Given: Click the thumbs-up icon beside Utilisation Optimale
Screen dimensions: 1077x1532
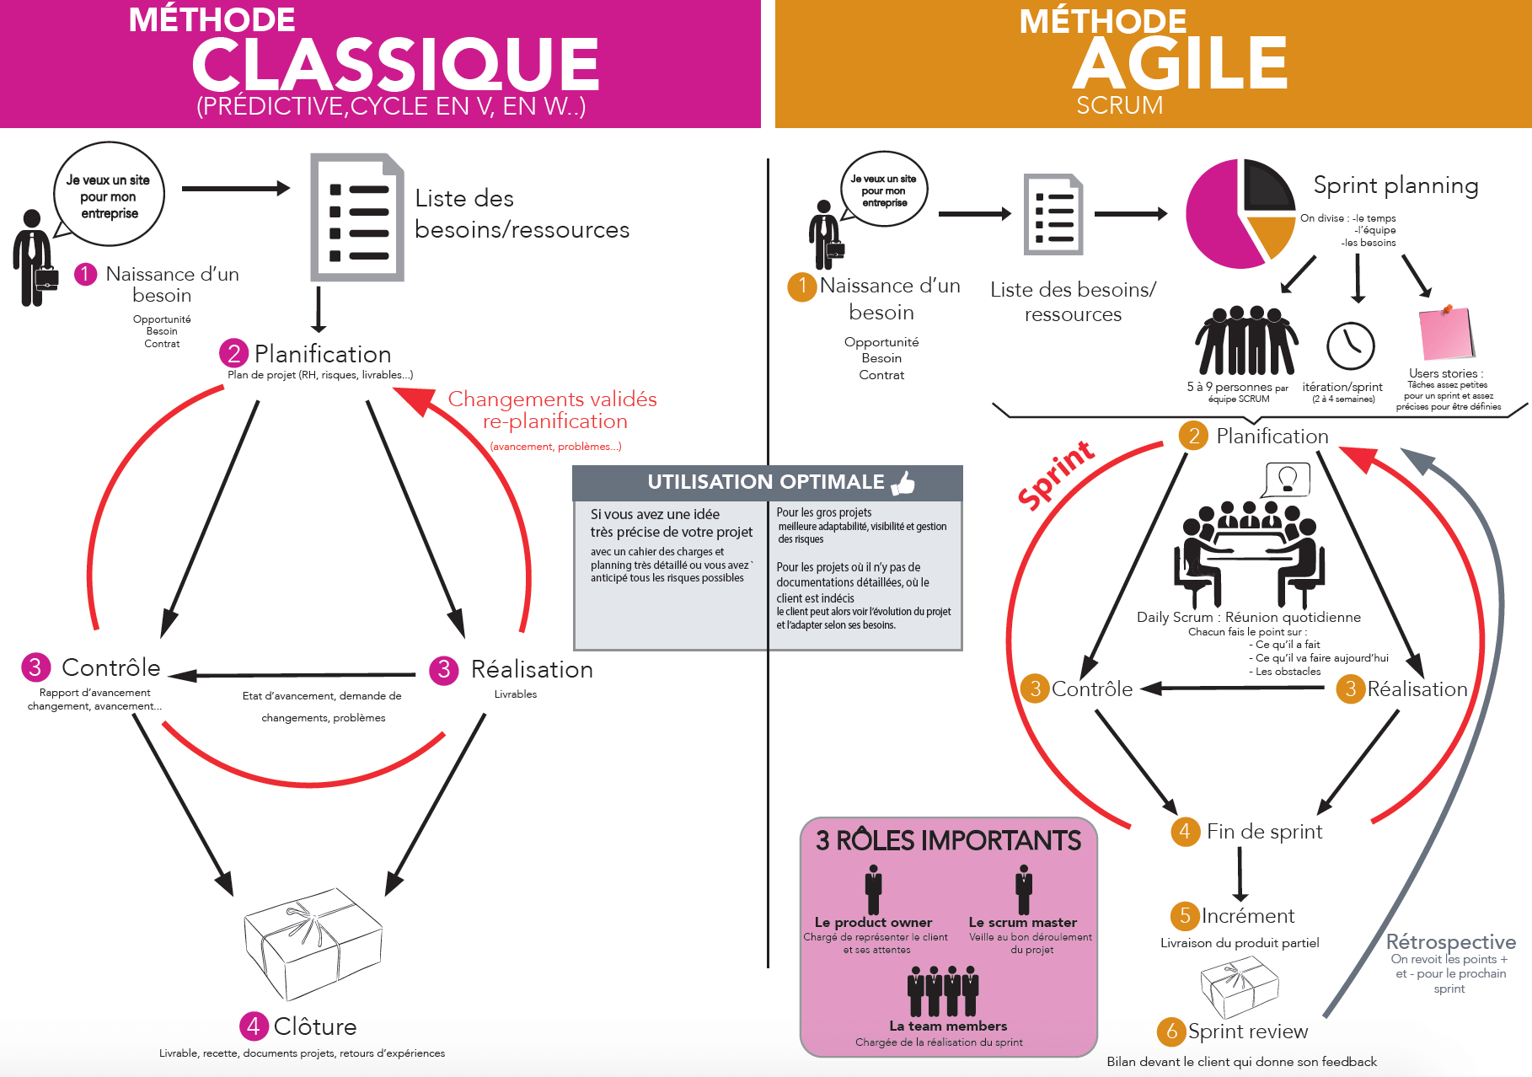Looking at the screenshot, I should tap(903, 482).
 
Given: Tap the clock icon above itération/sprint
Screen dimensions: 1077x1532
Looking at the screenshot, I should tap(1350, 346).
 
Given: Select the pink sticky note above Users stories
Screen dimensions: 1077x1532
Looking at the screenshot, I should tap(1446, 334).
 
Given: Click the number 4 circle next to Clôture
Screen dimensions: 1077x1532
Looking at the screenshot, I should tap(253, 1026).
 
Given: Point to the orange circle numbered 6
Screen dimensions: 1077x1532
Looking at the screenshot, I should tap(1170, 1031).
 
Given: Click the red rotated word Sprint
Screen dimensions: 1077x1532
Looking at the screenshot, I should tap(1055, 475).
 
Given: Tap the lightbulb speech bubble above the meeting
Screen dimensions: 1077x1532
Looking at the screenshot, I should tap(1287, 480).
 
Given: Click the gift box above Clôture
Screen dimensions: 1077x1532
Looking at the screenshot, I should tap(313, 942).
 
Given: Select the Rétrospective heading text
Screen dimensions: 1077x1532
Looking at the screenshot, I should tap(1450, 941).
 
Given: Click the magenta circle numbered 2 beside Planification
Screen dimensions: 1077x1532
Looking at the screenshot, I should tap(233, 353).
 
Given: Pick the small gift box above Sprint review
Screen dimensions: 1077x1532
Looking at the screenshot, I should tap(1239, 989).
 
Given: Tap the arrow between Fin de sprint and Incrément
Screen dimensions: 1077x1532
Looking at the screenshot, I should tap(1240, 874).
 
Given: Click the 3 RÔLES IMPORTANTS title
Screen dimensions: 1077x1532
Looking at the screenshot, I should tap(948, 840).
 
